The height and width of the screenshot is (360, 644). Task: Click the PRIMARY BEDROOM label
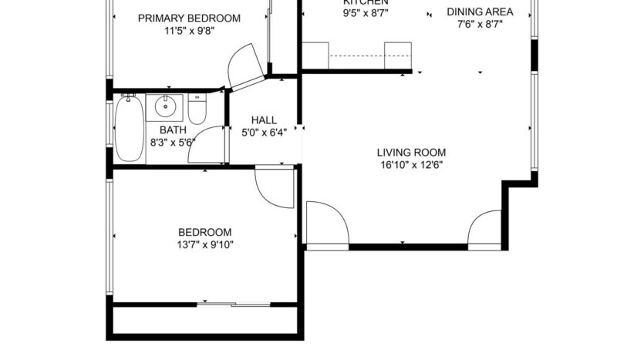[189, 19]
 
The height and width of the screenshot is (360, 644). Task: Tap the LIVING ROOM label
[411, 152]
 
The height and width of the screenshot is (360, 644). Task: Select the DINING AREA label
[480, 12]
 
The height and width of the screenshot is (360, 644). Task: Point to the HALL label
[264, 120]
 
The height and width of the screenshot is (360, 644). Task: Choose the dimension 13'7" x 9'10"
[205, 245]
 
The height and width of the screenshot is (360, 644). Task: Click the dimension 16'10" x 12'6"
[411, 164]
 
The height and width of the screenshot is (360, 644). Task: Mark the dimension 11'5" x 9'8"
[189, 32]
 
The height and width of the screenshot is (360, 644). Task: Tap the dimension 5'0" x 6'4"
[264, 132]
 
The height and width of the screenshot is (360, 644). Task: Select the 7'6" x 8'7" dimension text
[480, 25]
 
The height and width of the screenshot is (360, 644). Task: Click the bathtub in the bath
[130, 129]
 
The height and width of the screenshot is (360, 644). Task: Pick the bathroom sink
[165, 106]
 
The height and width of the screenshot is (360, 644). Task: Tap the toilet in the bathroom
[197, 109]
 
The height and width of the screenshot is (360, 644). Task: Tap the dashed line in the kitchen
[357, 56]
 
